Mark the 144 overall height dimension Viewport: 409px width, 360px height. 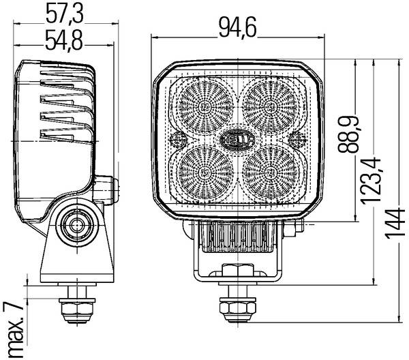tap(395, 222)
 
